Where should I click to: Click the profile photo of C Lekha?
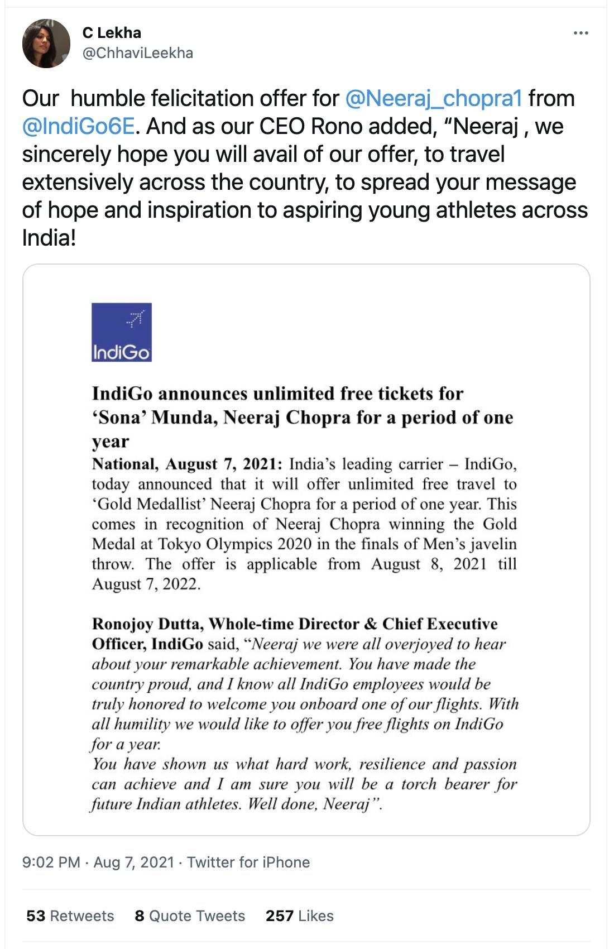point(46,44)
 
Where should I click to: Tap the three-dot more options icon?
point(581,33)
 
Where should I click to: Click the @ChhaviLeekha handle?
point(138,53)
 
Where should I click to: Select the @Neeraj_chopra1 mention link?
point(434,98)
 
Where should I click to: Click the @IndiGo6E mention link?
point(78,126)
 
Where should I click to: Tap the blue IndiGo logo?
point(122,332)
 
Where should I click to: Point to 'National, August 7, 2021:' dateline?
point(188,464)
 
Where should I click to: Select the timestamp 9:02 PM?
point(51,862)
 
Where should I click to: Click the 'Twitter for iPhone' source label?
point(248,862)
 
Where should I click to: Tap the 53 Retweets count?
point(70,916)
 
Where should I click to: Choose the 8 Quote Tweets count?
point(190,916)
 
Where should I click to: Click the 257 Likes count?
point(299,916)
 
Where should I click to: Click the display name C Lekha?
point(112,32)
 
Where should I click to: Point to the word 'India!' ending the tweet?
point(49,238)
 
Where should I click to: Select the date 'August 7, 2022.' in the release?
point(146,584)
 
